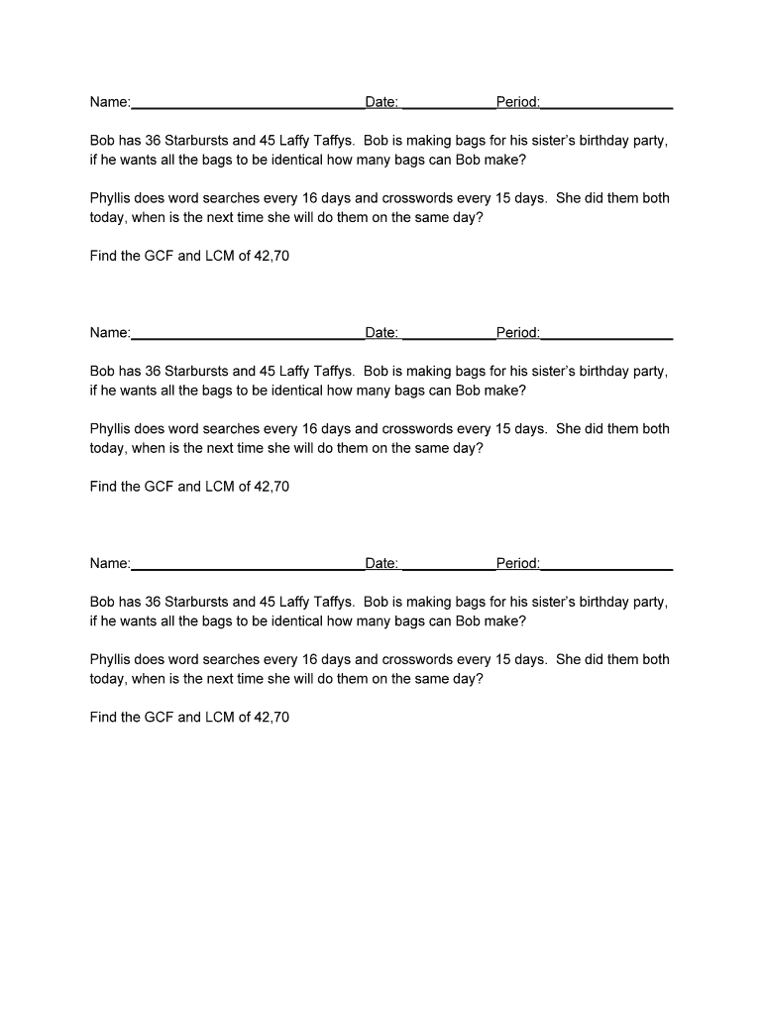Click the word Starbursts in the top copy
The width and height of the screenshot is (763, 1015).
(196, 141)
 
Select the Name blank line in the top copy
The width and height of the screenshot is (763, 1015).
(248, 105)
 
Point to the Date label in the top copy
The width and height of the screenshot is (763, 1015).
(381, 102)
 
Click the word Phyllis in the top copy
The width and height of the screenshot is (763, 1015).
(114, 198)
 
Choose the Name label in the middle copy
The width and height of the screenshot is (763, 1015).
(110, 333)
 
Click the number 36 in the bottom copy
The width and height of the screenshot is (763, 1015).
(153, 602)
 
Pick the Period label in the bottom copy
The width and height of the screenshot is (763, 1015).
(518, 564)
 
